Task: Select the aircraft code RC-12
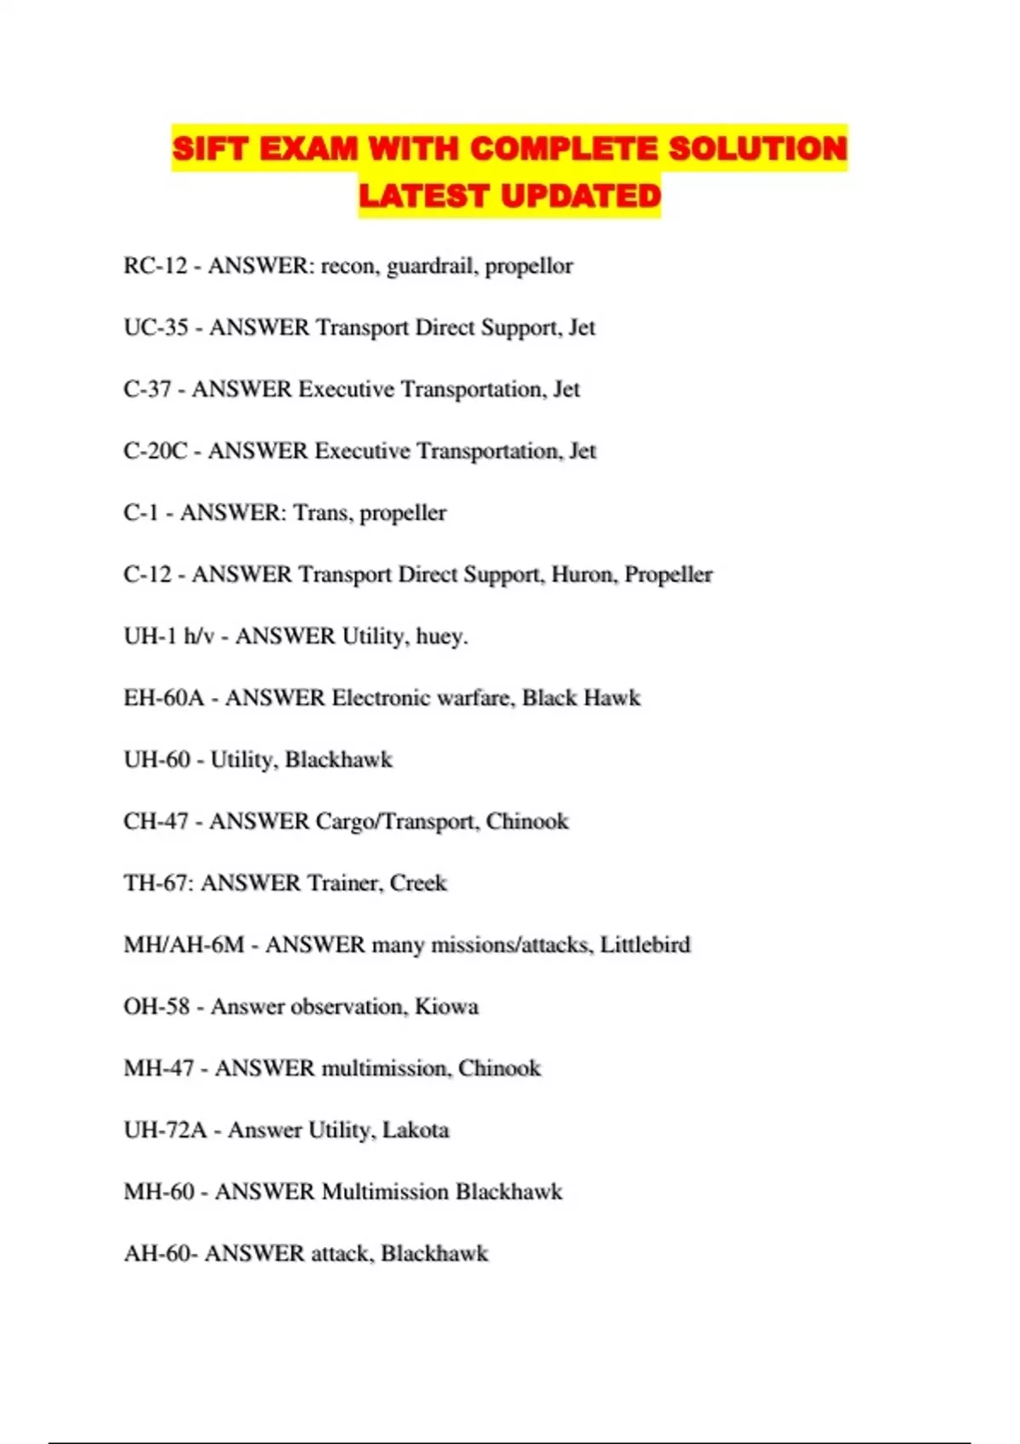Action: pyautogui.click(x=155, y=266)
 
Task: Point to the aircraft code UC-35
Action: pyautogui.click(x=156, y=328)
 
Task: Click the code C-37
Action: pyautogui.click(x=147, y=389)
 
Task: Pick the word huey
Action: pyautogui.click(x=441, y=637)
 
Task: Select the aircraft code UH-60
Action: pyautogui.click(x=156, y=759)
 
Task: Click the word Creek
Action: pyautogui.click(x=418, y=883)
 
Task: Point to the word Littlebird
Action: pyautogui.click(x=645, y=945)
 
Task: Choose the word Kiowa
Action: pyautogui.click(x=446, y=1007)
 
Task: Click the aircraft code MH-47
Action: pyautogui.click(x=159, y=1069)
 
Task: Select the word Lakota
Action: pyautogui.click(x=416, y=1131)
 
